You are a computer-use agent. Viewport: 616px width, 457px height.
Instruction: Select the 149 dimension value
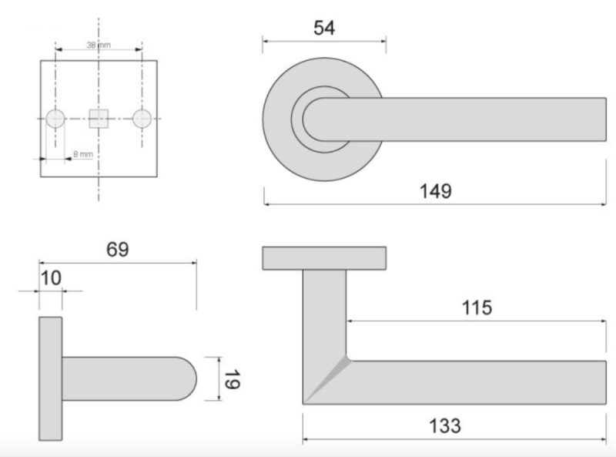(436, 190)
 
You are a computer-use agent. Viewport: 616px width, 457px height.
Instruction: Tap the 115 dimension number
(476, 308)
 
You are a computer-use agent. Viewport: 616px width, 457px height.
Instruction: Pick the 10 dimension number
(49, 277)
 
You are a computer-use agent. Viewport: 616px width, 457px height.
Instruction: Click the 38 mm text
(99, 46)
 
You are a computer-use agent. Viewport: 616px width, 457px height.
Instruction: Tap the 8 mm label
(83, 155)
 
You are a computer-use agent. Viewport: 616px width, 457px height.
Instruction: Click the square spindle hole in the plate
(99, 118)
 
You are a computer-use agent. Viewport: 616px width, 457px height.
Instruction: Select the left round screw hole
(55, 118)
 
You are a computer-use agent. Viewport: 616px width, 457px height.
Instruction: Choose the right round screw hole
(142, 118)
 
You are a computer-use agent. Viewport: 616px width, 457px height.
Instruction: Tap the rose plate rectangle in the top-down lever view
(324, 259)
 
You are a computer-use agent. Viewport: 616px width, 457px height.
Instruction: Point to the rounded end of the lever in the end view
(189, 378)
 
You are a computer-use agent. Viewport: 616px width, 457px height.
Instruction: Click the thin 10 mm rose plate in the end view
(49, 378)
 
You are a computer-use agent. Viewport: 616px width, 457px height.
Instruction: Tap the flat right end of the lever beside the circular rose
(602, 120)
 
